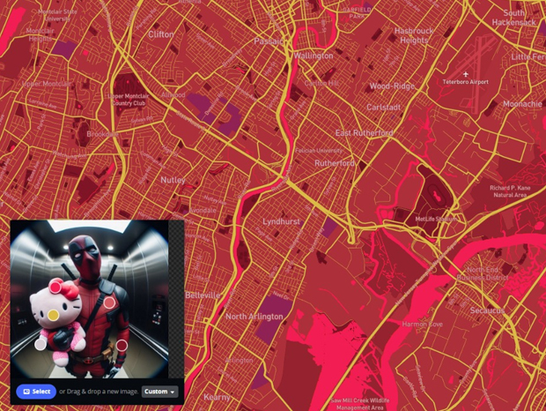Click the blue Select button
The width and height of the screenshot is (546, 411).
click(36, 392)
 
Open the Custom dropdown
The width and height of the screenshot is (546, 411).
click(160, 392)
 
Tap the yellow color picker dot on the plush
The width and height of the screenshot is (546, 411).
click(54, 314)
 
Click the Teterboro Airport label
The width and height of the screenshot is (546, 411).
click(465, 82)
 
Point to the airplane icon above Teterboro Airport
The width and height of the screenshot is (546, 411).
click(466, 74)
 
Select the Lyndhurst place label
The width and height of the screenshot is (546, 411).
click(281, 221)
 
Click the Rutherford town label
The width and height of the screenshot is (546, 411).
click(335, 163)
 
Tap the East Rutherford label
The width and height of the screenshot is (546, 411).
click(364, 133)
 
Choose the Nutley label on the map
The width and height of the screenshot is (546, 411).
click(173, 180)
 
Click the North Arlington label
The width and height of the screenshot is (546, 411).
click(255, 317)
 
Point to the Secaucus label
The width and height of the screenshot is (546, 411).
click(486, 310)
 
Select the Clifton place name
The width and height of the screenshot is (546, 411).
click(161, 34)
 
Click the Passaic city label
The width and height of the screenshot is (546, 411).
click(270, 41)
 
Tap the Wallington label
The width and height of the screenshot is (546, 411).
click(314, 56)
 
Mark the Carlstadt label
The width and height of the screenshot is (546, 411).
click(384, 108)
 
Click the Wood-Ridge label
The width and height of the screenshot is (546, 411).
click(392, 86)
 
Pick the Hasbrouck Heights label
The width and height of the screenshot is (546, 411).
click(413, 35)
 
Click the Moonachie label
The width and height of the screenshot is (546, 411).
click(522, 104)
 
